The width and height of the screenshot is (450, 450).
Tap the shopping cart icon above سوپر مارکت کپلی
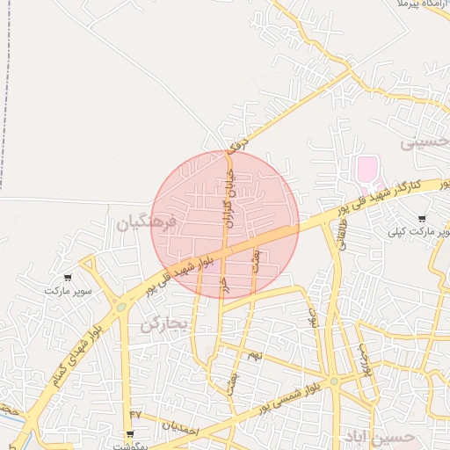(x=422, y=219)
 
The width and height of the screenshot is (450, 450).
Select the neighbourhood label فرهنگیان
(x=146, y=223)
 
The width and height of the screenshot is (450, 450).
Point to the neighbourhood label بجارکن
(x=164, y=323)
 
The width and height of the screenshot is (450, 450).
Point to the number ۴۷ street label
(x=135, y=414)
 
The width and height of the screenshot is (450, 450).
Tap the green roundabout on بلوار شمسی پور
(x=334, y=381)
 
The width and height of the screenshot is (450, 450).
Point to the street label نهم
(x=256, y=354)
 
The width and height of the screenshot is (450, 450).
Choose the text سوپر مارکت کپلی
(x=417, y=233)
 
